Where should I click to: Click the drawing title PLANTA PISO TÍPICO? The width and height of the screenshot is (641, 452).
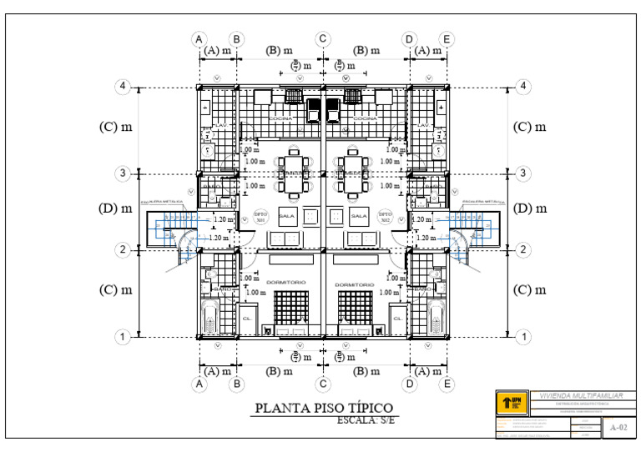point(324,409)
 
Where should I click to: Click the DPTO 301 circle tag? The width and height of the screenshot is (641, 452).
point(260,216)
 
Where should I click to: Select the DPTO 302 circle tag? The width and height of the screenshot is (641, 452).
point(386,216)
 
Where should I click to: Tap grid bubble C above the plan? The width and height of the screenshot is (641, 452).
point(324,39)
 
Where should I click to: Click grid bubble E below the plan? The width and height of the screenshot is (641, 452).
point(447,384)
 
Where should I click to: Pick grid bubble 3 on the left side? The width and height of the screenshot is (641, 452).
point(123,173)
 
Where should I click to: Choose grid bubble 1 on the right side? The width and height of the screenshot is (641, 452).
point(524,337)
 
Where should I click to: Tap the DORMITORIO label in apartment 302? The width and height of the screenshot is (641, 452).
point(356,284)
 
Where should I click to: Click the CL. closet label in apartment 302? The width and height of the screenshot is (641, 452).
point(398,319)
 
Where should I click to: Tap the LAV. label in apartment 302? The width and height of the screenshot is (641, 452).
point(423,125)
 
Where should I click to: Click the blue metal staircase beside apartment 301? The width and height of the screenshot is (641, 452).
point(171,229)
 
